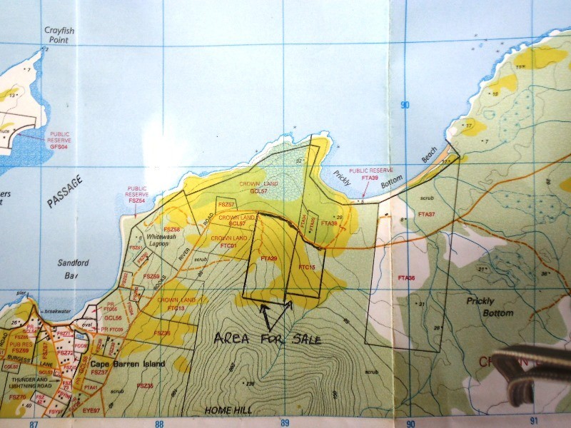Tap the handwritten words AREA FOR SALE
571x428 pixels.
[x=268, y=338]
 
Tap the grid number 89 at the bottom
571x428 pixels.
[x=285, y=423]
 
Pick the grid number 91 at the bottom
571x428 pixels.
[x=536, y=422]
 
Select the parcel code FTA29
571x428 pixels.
[x=269, y=258]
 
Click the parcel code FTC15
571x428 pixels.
[x=307, y=267]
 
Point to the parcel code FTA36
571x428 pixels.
[x=406, y=277]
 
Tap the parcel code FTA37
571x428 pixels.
[x=427, y=214]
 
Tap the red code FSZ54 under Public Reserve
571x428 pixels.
[x=136, y=202]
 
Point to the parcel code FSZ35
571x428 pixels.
[x=144, y=385]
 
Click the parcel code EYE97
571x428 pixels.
[x=91, y=411]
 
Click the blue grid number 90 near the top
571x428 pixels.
[x=405, y=106]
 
